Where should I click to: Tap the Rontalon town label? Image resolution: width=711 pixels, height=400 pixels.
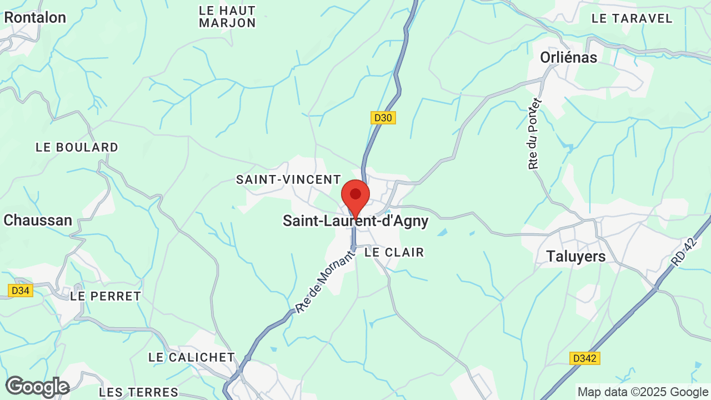[x=35, y=17]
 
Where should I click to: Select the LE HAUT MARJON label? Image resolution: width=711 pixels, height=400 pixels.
[x=227, y=17]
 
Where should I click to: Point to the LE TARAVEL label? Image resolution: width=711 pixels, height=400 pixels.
[x=632, y=18]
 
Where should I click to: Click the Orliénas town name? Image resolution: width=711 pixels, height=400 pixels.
[x=568, y=57]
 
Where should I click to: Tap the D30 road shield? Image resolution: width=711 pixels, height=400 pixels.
[x=383, y=118]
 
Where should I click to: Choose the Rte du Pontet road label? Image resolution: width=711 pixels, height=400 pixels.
[x=534, y=134]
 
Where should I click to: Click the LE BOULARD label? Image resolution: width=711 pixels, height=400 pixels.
[x=77, y=147]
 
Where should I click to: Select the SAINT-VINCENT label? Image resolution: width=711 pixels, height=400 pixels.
[x=288, y=179]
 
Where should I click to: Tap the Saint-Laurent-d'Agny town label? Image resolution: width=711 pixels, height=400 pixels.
[x=355, y=221]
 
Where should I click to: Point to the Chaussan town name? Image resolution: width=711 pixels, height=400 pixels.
[x=38, y=220]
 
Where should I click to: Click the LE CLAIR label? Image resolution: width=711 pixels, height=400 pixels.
[x=394, y=252]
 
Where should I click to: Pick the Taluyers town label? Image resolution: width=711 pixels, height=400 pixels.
[x=576, y=256]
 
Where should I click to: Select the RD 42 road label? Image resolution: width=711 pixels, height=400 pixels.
[x=682, y=252]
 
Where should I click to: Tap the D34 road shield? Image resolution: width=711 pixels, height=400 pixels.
[x=21, y=291]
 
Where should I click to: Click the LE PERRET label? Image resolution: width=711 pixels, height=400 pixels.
[x=106, y=296]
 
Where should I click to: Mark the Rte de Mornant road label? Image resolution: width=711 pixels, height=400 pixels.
[x=325, y=282]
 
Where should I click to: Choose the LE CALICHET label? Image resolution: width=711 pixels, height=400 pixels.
[x=192, y=357]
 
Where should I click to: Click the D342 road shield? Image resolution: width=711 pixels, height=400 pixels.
[x=585, y=358]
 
